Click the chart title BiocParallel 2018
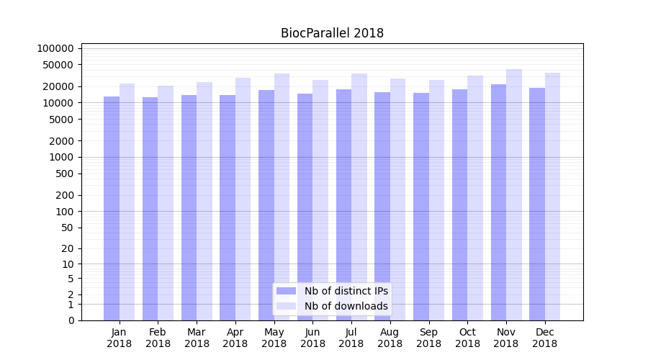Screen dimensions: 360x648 pyautogui.click(x=332, y=33)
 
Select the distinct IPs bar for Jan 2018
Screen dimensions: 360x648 pyautogui.click(x=112, y=209)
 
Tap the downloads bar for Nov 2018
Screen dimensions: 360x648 pyautogui.click(x=514, y=194)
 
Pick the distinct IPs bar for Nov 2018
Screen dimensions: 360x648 pyautogui.click(x=498, y=202)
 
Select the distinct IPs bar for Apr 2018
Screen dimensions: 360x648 pyautogui.click(x=228, y=208)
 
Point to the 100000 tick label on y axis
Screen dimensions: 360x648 pyautogui.click(x=55, y=48)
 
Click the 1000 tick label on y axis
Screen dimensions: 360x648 pyautogui.click(x=63, y=157)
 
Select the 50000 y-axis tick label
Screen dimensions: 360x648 pyautogui.click(x=58, y=65)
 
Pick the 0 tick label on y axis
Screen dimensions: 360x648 pyautogui.click(x=71, y=320)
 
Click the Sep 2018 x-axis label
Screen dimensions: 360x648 pyautogui.click(x=428, y=338)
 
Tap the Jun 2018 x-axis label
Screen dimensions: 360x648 pyautogui.click(x=312, y=338)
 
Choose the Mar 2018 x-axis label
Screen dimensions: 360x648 pyautogui.click(x=197, y=338)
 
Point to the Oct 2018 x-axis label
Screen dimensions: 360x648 pyautogui.click(x=467, y=338)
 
